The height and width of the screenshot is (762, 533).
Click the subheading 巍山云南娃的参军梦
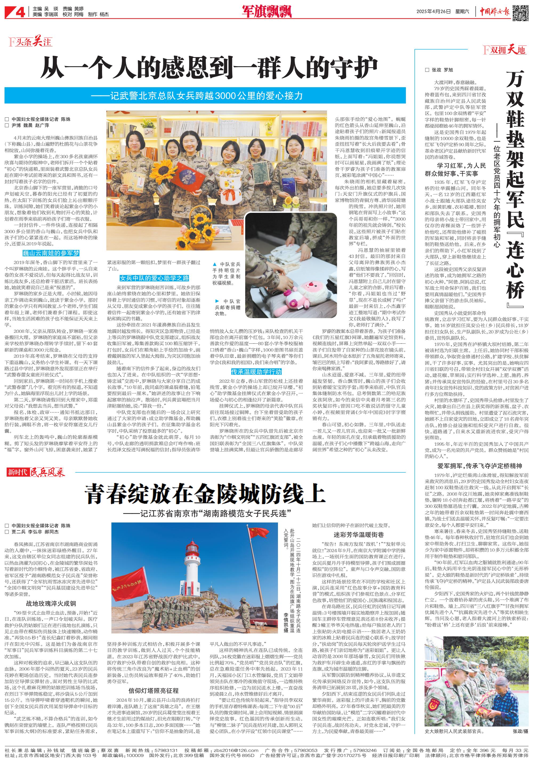click(x=51, y=253)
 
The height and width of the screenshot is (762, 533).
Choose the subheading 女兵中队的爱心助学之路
click(x=154, y=278)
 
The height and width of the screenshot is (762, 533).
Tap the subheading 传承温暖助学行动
click(x=256, y=372)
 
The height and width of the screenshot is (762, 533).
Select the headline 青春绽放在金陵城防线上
click(x=205, y=494)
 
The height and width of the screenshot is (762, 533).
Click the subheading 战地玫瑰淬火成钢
click(x=51, y=603)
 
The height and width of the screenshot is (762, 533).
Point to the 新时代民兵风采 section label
click(x=36, y=472)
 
